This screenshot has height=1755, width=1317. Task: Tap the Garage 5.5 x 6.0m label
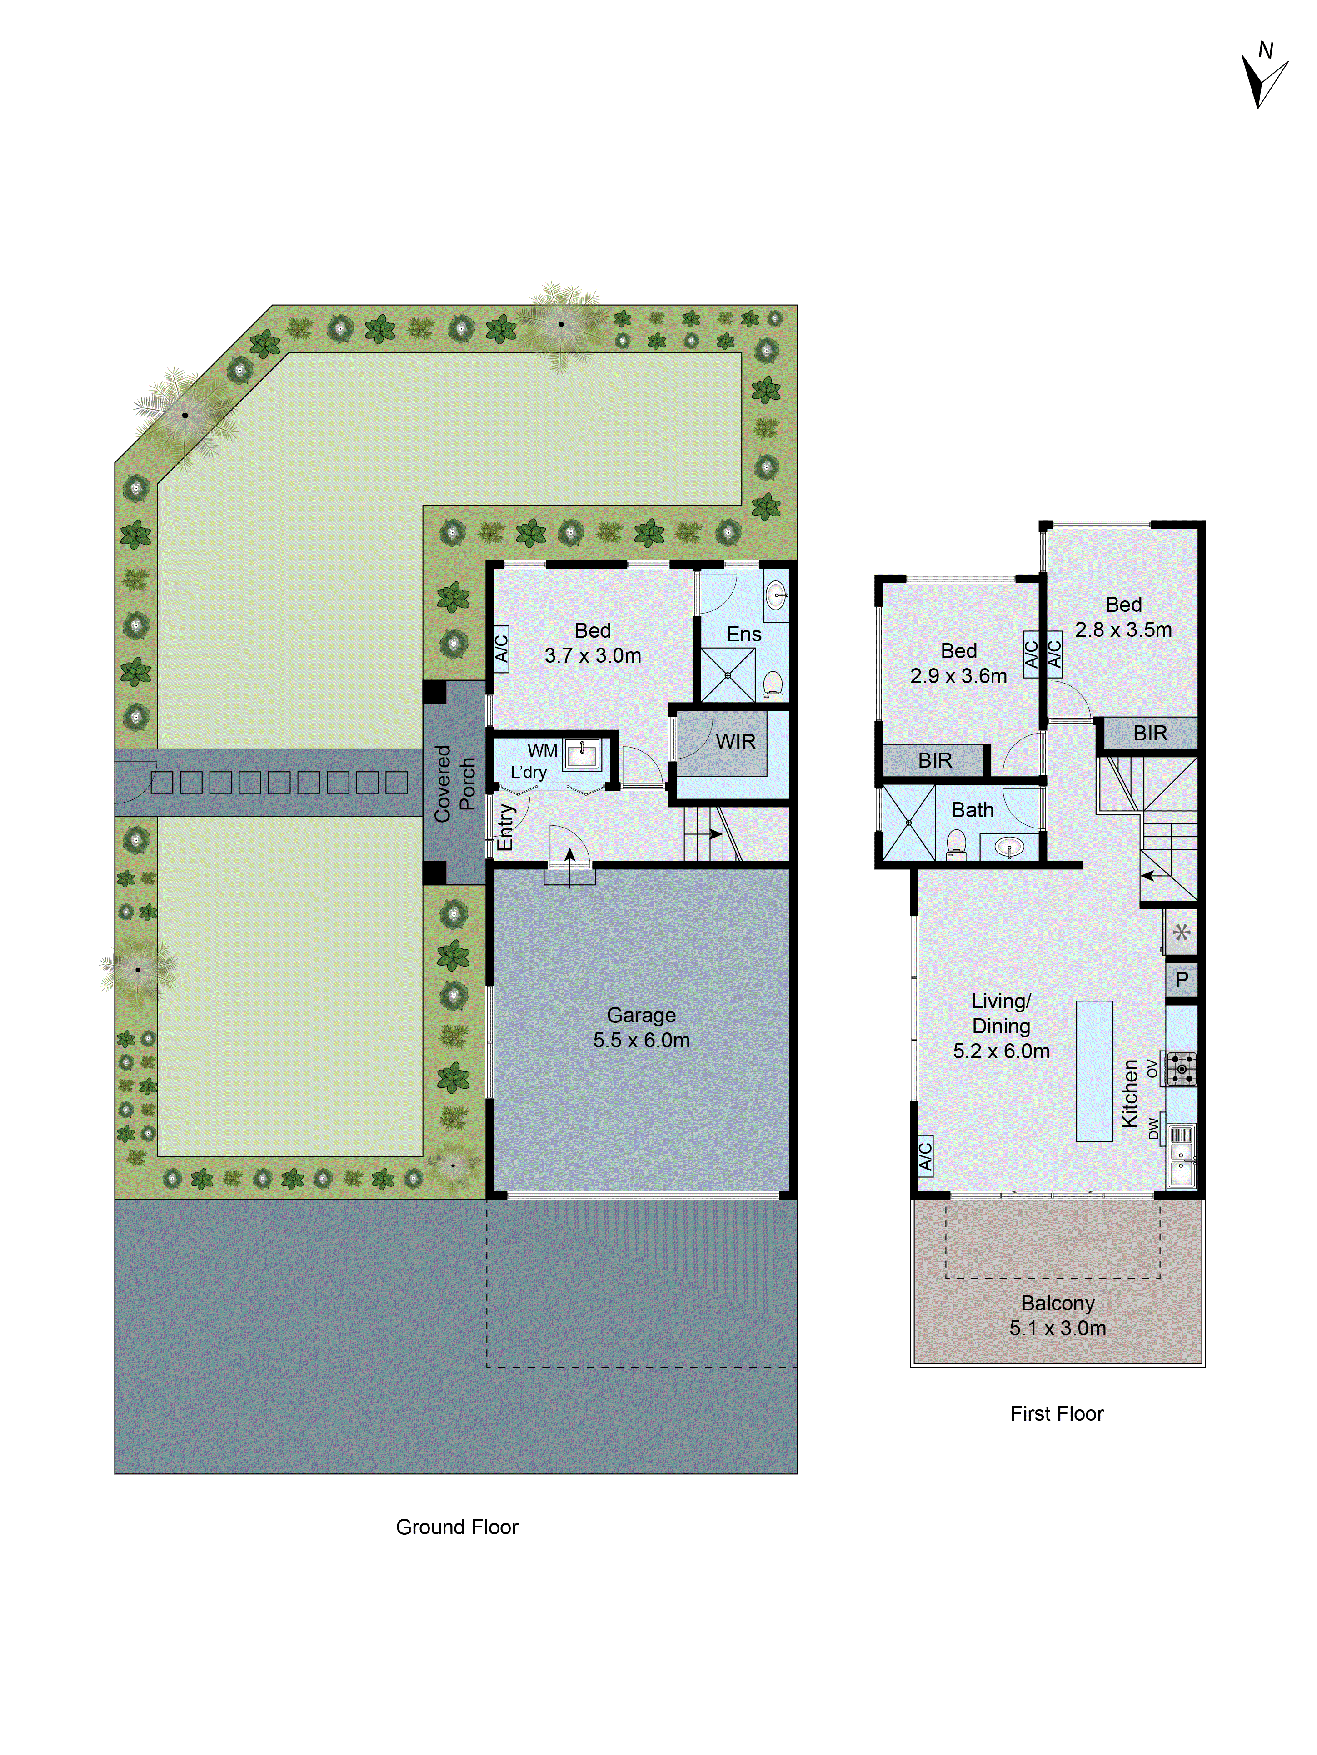pos(641,1027)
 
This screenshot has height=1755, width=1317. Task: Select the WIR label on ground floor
pos(735,742)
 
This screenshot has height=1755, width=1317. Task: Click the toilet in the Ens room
pos(773,685)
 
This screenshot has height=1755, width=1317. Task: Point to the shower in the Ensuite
pos(727,675)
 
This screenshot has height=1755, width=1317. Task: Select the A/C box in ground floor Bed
pos(501,649)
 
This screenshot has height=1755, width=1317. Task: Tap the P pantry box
pos(1181,980)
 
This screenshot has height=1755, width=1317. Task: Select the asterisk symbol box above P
pos(1181,932)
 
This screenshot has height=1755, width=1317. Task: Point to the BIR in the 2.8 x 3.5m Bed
pos(1149,733)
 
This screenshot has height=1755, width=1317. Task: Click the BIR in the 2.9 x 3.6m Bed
pos(934,760)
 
